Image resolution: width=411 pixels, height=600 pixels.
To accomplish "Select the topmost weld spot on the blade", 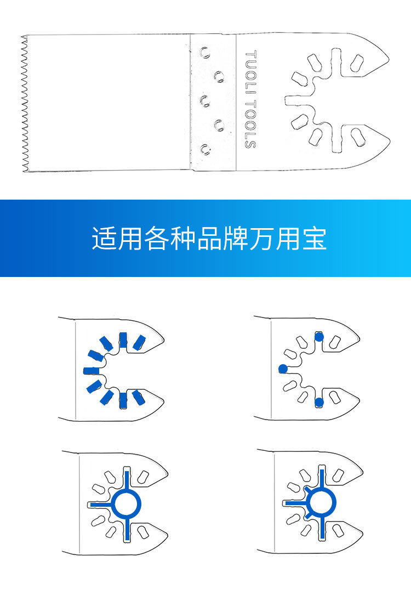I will [205, 53].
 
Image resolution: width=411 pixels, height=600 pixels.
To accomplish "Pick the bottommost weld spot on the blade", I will [205, 149].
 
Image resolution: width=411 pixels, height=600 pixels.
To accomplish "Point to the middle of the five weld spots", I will [204, 100].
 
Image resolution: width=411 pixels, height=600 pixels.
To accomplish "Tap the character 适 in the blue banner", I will [104, 239].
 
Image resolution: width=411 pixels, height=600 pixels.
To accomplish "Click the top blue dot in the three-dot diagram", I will [319, 336].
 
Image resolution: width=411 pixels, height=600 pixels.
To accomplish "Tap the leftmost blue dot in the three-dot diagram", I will [283, 369].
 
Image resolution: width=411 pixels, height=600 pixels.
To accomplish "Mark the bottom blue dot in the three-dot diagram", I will [319, 402].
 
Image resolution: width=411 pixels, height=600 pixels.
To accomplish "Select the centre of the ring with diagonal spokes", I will [322, 502].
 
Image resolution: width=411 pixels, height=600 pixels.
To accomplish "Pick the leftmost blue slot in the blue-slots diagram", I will [90, 370].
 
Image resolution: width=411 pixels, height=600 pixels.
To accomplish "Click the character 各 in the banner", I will [156, 239].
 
